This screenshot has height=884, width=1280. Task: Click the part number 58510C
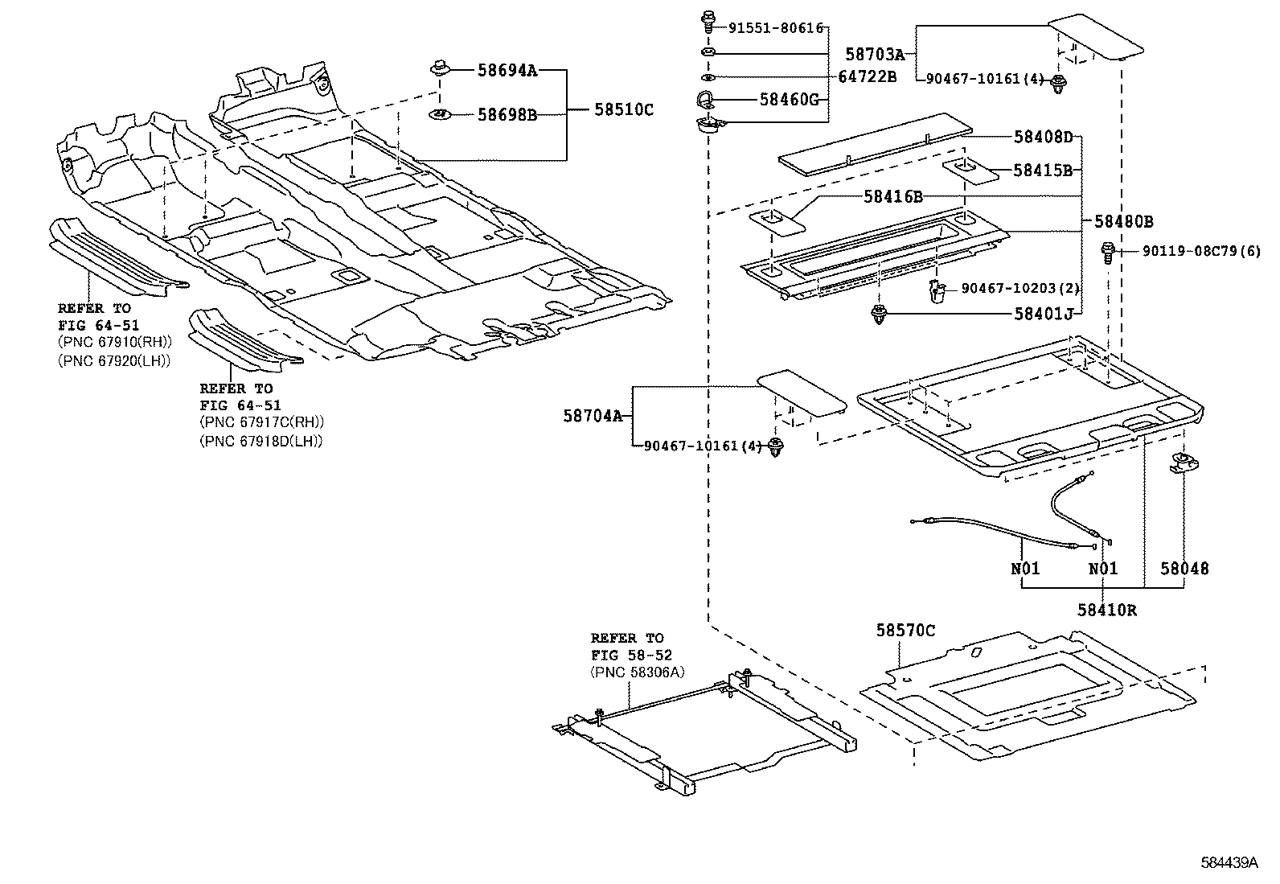click(624, 109)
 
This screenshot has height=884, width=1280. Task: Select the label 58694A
click(507, 70)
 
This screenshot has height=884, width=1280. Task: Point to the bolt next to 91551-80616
click(709, 21)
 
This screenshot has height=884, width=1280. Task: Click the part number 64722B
click(868, 77)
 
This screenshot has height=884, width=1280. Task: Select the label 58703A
click(875, 54)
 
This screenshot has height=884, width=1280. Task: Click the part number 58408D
click(1043, 136)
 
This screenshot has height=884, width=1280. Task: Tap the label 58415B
click(1043, 170)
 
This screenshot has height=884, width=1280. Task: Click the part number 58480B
click(1123, 221)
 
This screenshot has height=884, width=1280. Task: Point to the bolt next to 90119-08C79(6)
click(1109, 252)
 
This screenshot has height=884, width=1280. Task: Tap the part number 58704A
click(593, 416)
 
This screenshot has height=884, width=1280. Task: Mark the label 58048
click(1184, 569)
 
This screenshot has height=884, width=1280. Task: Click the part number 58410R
click(1107, 610)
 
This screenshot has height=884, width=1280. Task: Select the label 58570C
click(905, 631)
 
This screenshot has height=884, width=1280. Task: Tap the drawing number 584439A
click(1229, 862)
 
